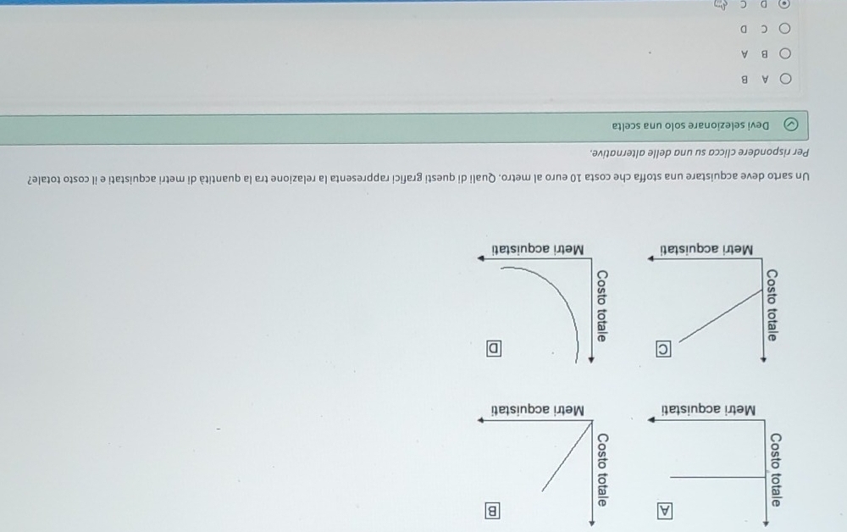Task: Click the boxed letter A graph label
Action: click(665, 511)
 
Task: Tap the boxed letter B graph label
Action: click(492, 511)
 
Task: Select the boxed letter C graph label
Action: click(664, 350)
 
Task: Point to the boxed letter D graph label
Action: click(493, 348)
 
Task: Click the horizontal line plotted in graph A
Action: click(718, 478)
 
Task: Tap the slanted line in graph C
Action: click(721, 317)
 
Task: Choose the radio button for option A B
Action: click(785, 79)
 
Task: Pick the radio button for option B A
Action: click(785, 53)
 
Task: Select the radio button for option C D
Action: click(784, 28)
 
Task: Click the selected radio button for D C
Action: click(783, 4)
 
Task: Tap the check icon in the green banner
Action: click(790, 125)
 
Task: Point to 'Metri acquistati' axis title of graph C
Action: click(707, 249)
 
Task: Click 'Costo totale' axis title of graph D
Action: click(601, 306)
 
